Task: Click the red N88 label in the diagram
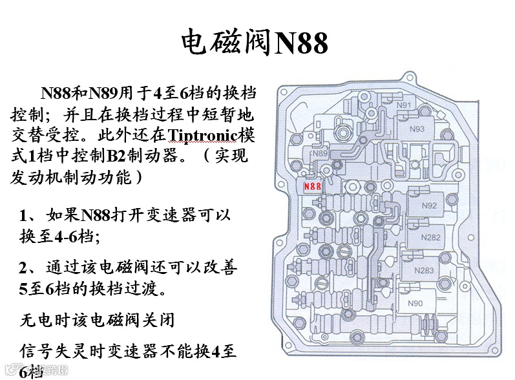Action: point(312,186)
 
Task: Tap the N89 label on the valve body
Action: point(319,154)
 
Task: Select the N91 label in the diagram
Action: point(404,105)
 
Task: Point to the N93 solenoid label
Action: point(417,129)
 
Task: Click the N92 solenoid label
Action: point(429,206)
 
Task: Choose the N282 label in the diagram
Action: point(431,237)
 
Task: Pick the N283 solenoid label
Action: point(424,270)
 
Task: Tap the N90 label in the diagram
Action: point(415,303)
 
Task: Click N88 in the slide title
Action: point(301,44)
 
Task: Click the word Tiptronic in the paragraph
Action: point(205,136)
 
